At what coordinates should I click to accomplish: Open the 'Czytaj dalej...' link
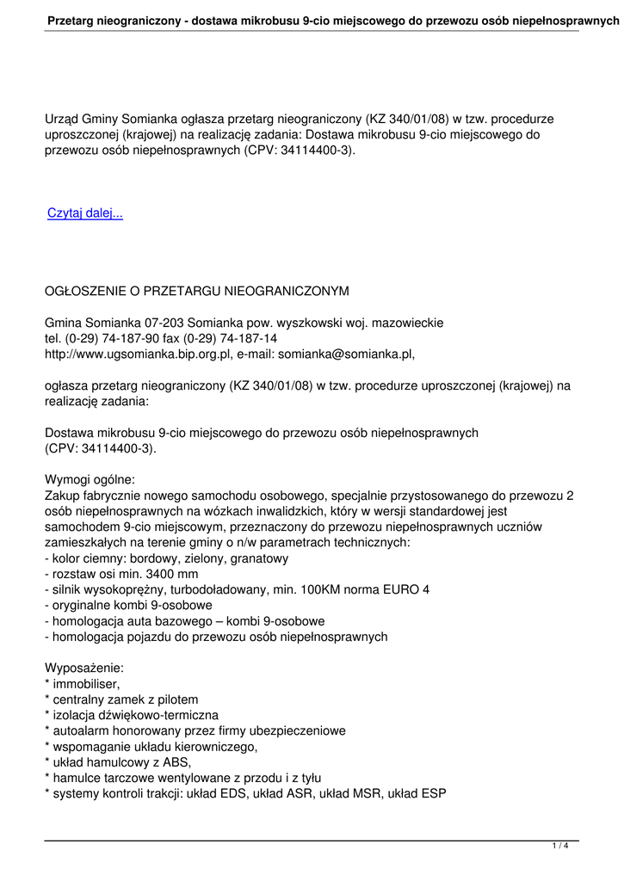[x=85, y=213]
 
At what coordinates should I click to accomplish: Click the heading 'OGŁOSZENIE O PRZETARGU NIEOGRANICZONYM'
[x=196, y=291]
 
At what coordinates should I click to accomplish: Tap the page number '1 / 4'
[x=560, y=847]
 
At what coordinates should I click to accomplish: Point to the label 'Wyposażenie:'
[x=84, y=668]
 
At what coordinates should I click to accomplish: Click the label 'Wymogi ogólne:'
[x=90, y=479]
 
